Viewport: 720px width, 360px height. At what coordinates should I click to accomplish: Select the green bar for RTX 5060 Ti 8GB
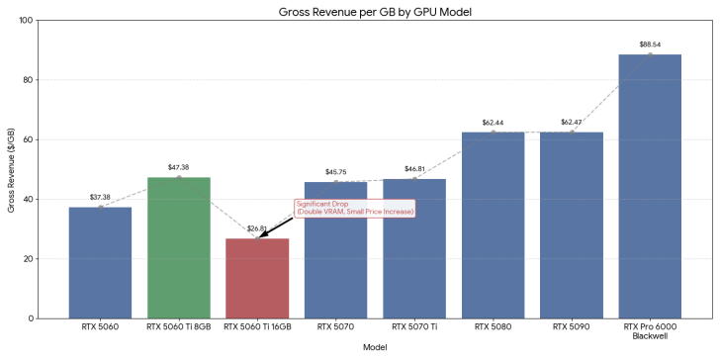click(x=179, y=247)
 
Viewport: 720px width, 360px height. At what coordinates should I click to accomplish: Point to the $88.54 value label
click(x=650, y=44)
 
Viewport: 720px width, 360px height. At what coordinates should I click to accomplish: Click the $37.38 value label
click(x=100, y=196)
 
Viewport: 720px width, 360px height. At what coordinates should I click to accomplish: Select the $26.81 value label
click(x=257, y=227)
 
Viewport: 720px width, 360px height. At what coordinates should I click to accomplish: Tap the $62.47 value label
click(x=572, y=122)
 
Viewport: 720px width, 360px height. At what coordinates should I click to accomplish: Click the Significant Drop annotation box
click(x=354, y=208)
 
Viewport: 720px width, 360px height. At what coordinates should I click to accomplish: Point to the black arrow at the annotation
click(x=277, y=225)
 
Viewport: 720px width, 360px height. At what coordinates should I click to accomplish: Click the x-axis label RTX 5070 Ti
click(x=414, y=325)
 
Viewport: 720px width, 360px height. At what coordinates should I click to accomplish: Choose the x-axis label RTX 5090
click(x=572, y=325)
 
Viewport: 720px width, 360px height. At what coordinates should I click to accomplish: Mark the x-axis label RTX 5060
click(x=100, y=325)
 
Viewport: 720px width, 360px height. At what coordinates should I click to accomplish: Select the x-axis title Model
click(x=375, y=347)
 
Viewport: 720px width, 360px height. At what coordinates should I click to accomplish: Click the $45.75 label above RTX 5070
click(x=335, y=171)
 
